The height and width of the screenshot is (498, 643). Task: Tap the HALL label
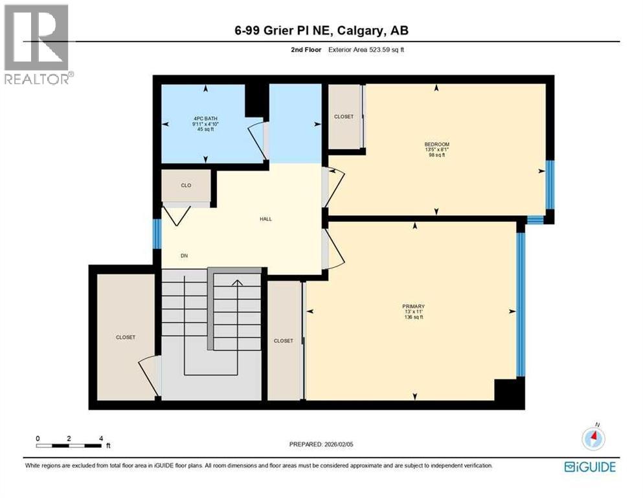pos(265,219)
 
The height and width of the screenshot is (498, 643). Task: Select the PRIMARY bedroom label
pos(413,305)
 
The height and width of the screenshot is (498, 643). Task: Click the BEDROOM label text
pos(436,144)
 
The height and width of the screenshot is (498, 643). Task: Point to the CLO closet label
pos(185,185)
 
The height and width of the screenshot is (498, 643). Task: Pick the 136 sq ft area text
pos(413,317)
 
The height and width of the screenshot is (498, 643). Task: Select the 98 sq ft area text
pos(436,156)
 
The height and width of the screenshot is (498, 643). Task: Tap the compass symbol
pos(592,439)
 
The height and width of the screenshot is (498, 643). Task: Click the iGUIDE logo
pos(589,467)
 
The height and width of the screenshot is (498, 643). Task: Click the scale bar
pos(69,445)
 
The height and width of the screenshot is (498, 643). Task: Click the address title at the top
pos(322,30)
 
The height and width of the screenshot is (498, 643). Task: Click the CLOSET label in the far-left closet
pos(125,337)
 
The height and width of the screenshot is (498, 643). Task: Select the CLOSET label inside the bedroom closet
pos(344,117)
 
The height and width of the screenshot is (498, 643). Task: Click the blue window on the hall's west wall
pos(157,234)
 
